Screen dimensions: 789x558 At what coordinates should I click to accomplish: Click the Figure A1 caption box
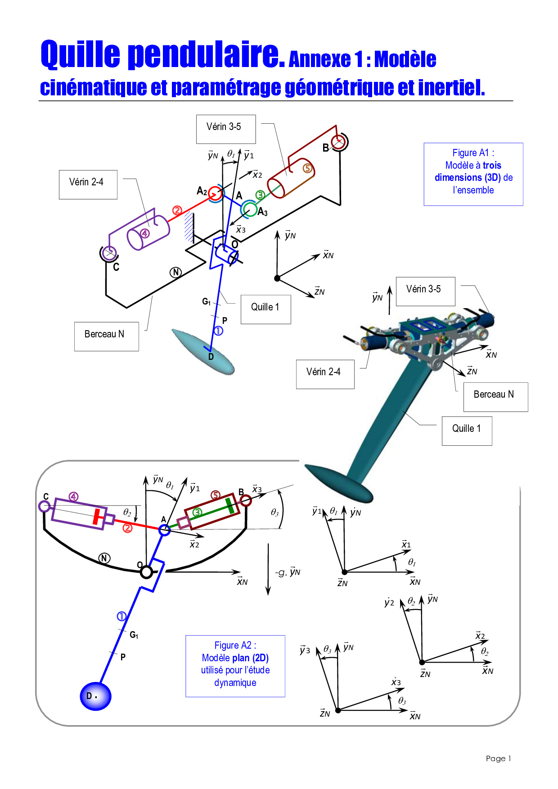pos(473,174)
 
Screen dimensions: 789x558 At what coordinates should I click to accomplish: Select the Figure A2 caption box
pos(235,666)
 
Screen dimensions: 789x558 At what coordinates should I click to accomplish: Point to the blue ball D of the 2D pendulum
pos(95,696)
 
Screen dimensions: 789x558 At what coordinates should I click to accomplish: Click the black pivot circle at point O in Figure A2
pos(146,572)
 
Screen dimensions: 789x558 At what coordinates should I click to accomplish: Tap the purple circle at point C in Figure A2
pos(44,507)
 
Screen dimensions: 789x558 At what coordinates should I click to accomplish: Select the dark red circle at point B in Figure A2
pos(246,500)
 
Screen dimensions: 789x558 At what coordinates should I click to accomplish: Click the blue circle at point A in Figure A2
pos(165,530)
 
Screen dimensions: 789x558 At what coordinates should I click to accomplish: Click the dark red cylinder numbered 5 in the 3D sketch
pos(291,178)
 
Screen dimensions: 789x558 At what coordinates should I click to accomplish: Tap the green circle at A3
pos(248,209)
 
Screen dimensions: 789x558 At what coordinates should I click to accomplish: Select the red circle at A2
pos(216,193)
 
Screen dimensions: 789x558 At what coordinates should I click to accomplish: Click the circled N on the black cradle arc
pos(104,558)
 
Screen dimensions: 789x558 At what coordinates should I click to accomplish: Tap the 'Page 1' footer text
pos(498,758)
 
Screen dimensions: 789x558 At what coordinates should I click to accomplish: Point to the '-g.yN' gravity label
pos(288,572)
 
